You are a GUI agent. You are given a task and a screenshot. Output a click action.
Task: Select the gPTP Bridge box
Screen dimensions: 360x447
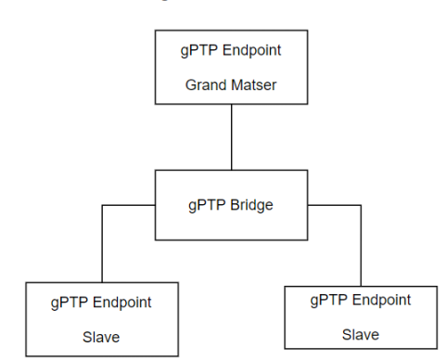(230, 204)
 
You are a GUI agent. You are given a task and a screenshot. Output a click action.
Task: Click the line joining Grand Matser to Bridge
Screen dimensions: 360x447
(231, 136)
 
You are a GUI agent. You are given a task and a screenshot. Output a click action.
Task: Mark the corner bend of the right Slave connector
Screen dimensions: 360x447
(361, 205)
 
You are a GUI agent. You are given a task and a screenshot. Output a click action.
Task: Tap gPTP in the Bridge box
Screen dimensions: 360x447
(206, 204)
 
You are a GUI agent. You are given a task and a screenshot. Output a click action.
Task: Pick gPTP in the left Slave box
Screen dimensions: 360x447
(67, 302)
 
